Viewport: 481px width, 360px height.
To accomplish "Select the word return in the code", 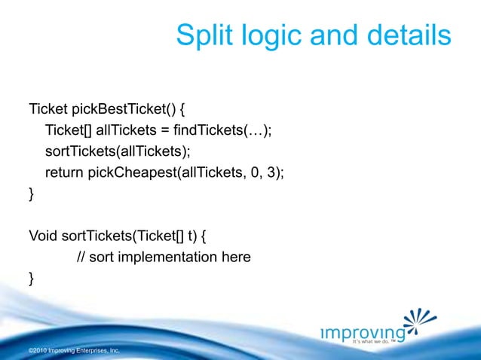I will [65, 172].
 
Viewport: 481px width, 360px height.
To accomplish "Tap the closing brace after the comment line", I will [31, 279].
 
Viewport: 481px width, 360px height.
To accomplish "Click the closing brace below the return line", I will [31, 194].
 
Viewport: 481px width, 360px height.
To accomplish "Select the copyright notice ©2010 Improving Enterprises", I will [73, 351].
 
